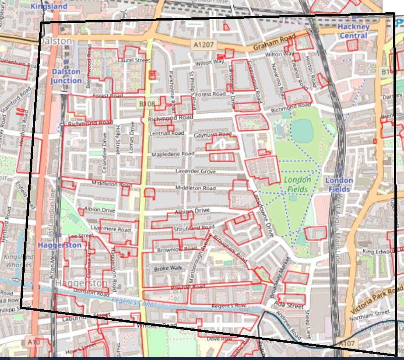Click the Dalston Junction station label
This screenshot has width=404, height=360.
click(x=66, y=76)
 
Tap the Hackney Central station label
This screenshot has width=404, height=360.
click(x=353, y=31)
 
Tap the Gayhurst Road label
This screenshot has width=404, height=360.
click(x=212, y=135)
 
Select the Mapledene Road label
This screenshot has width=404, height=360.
click(x=173, y=154)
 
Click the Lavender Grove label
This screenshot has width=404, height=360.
click(x=195, y=171)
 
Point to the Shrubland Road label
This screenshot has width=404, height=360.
click(x=194, y=228)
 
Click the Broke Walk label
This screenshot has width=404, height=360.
click(x=168, y=268)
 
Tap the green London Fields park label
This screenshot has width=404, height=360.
click(x=297, y=184)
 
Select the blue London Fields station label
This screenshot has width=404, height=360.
click(x=339, y=185)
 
